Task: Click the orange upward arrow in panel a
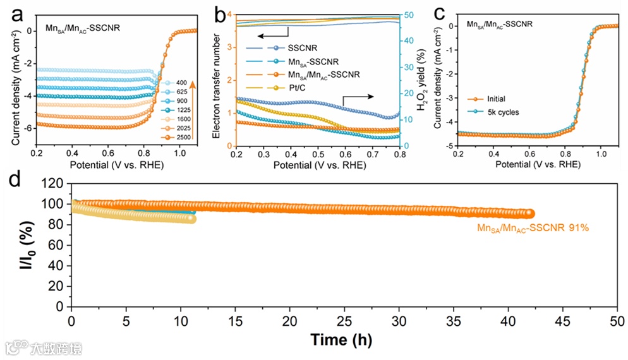tap(193, 111)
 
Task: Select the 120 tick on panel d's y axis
tap(55, 184)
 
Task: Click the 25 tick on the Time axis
tap(344, 321)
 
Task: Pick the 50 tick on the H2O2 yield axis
tap(409, 15)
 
